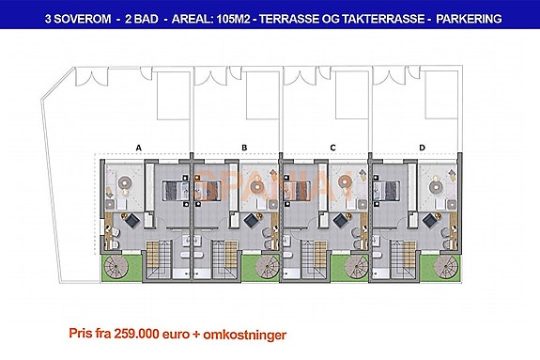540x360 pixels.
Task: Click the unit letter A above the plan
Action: (138, 148)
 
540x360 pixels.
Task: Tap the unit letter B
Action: (243, 148)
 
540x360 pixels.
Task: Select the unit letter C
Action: (333, 148)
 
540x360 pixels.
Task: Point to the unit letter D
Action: (422, 148)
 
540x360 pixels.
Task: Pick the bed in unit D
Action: (387, 191)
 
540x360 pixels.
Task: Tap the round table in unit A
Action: (124, 185)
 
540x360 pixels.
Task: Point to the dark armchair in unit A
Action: (134, 219)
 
